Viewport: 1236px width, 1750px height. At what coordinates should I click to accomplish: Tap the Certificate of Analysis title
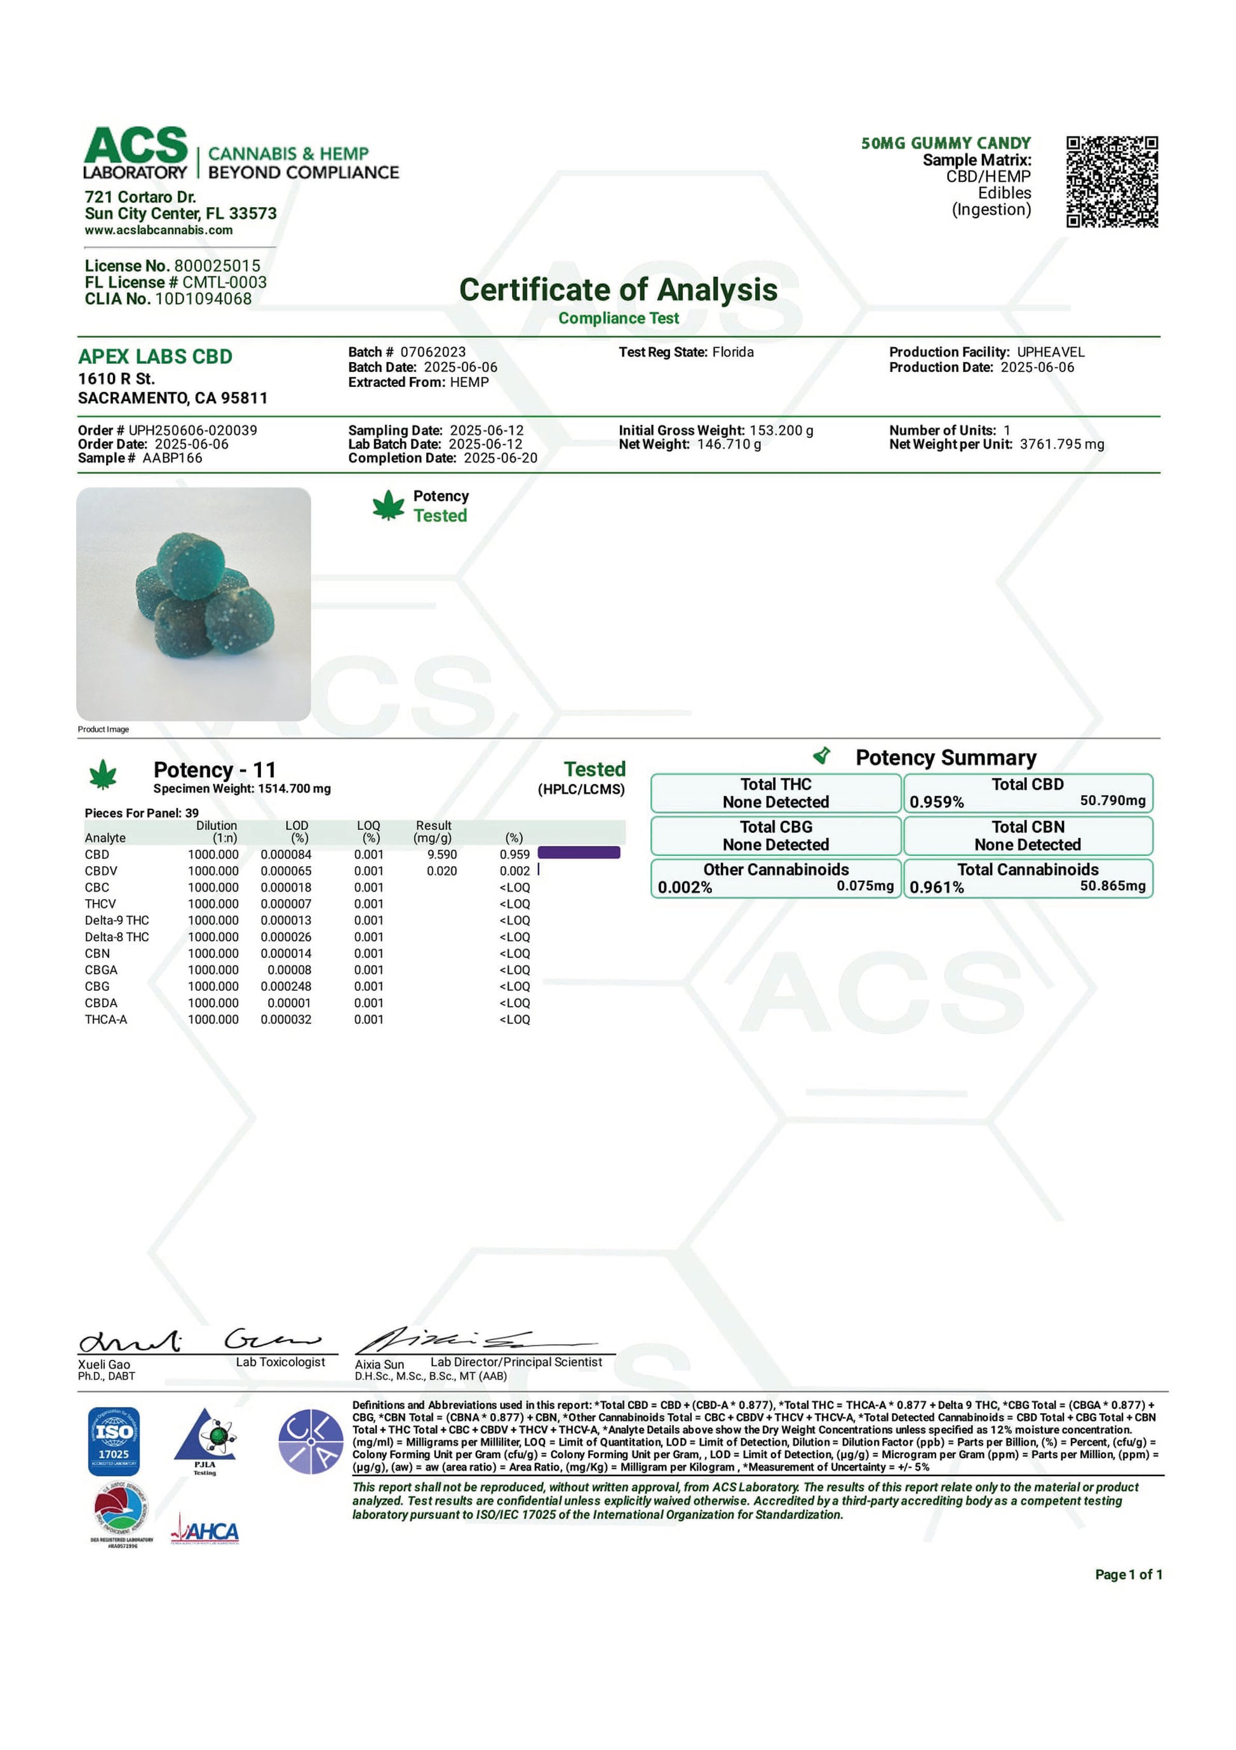click(x=618, y=290)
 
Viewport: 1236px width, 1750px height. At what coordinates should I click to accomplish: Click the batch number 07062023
click(x=433, y=352)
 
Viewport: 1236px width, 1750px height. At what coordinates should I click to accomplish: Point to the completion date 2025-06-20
click(x=500, y=458)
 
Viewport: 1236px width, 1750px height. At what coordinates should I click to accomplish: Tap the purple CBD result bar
click(x=579, y=853)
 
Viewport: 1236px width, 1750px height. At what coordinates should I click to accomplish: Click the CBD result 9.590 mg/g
click(x=442, y=855)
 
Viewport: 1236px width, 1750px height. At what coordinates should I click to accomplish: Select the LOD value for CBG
click(x=286, y=986)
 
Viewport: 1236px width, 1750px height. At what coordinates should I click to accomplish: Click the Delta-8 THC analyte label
click(x=117, y=937)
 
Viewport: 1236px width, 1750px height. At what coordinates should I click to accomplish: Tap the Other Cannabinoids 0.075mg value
click(x=864, y=886)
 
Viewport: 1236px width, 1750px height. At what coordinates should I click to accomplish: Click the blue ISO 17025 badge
click(x=114, y=1440)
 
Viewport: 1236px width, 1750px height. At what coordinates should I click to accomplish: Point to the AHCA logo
click(x=205, y=1531)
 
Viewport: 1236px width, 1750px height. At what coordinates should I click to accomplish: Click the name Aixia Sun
click(x=379, y=1364)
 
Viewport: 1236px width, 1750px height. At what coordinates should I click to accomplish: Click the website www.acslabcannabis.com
click(x=159, y=230)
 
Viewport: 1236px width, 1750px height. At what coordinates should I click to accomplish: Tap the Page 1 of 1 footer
click(x=1128, y=1575)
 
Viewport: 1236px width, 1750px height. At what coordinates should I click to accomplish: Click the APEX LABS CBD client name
click(x=155, y=356)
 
